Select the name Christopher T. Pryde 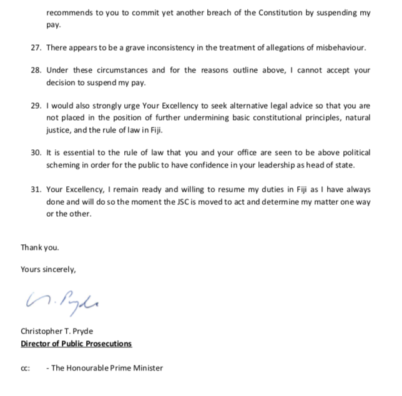(57, 332)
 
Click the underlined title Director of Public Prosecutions (76, 344)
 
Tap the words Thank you (40, 247)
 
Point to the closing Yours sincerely (48, 270)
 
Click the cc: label (26, 368)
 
